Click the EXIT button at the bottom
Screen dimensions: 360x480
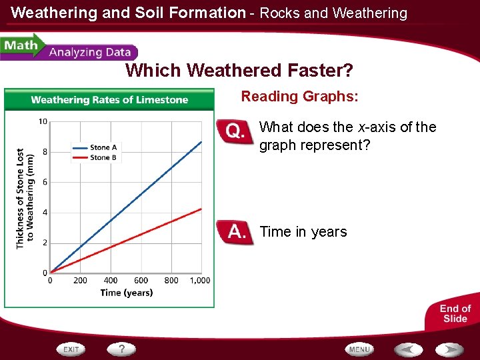72,349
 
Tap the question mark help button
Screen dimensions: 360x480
122,349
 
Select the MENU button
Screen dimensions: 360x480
359,349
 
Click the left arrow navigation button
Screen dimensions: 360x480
408,349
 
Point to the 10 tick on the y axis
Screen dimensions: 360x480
43,121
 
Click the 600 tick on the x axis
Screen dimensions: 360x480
141,281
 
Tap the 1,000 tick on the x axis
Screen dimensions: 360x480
200,281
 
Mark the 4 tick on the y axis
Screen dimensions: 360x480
44,213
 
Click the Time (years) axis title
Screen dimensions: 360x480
127,293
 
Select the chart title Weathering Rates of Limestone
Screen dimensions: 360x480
109,100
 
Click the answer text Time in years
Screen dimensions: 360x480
303,232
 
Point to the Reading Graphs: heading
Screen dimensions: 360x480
299,97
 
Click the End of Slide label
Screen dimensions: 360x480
455,313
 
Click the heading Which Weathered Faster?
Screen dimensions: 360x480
239,70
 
